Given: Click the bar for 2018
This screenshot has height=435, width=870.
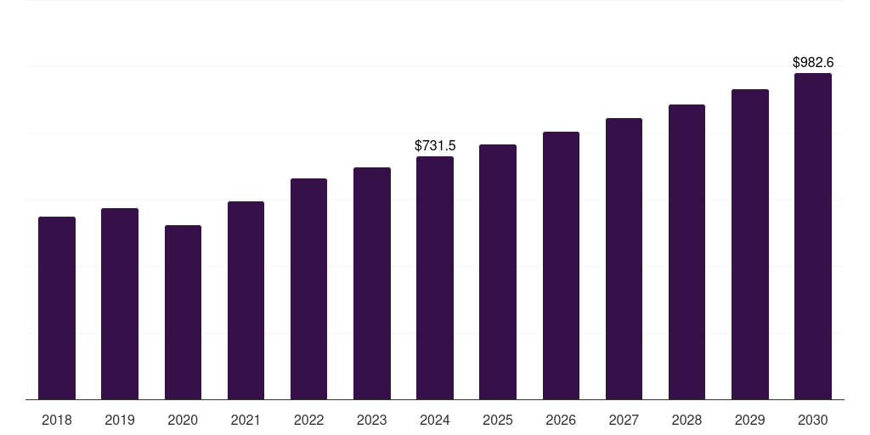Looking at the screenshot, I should (57, 308).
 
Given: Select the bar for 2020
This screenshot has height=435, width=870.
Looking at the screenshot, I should (183, 312).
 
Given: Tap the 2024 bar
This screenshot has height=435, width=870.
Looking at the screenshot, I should (435, 278).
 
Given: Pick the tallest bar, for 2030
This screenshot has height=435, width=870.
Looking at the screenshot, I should (813, 236).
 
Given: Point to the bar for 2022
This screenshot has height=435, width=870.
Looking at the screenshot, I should (308, 289).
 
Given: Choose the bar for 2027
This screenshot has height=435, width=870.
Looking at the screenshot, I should (624, 258).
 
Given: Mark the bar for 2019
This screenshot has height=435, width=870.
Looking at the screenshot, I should (120, 303).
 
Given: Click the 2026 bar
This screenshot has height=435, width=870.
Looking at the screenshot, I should (561, 265).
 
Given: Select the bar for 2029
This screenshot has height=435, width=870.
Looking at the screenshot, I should (750, 244).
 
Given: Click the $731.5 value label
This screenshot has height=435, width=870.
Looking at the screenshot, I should (435, 146).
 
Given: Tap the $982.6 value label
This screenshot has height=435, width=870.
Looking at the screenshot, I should (813, 63).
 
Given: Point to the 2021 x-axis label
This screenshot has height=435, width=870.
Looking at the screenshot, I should (246, 421).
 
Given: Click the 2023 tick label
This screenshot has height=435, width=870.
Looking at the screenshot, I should (372, 421).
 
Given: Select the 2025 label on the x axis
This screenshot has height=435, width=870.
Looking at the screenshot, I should (498, 421).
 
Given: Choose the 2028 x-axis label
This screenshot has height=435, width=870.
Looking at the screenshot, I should (686, 421).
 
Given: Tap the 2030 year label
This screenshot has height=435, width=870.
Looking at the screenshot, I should (813, 421).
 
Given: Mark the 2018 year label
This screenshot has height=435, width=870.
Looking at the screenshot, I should (57, 421).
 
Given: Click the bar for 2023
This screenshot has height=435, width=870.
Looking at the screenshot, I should (372, 283).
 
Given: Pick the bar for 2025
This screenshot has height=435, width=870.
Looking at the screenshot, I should (498, 272).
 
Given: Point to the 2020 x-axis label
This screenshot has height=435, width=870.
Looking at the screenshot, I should (183, 421).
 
